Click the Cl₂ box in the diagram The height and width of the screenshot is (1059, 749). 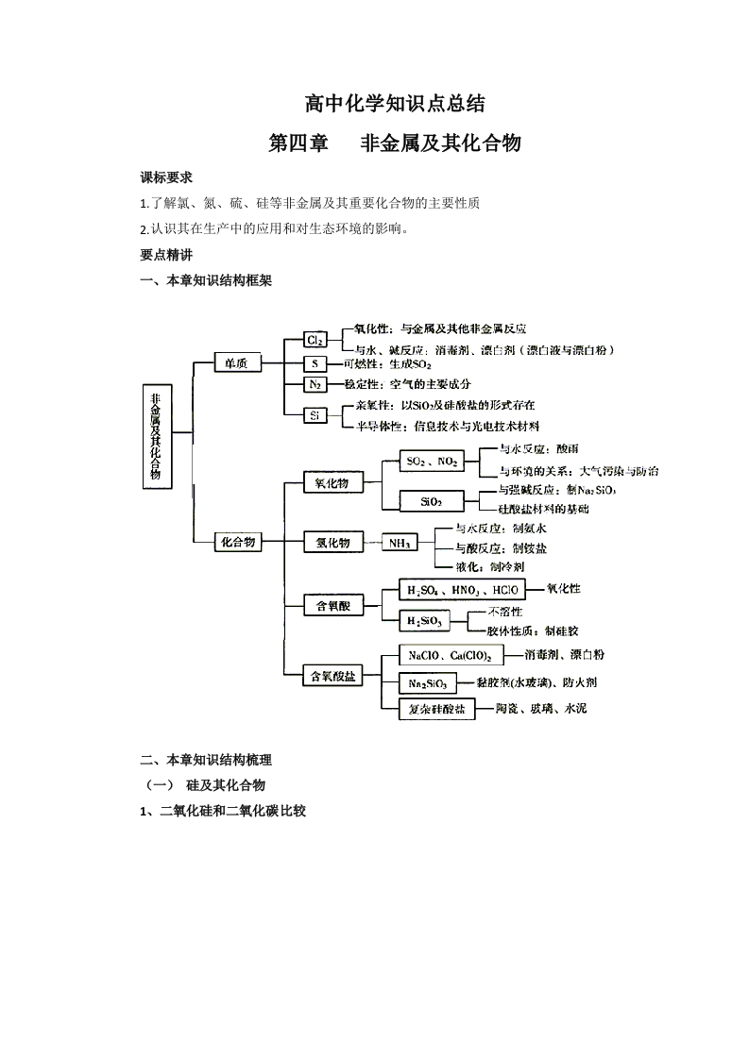[315, 340]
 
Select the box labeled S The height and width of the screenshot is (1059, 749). [315, 363]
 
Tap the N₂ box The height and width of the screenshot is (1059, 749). [315, 385]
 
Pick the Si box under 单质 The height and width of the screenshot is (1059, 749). [315, 415]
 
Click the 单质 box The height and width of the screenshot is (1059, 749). [237, 362]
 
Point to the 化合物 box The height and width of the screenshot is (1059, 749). [237, 542]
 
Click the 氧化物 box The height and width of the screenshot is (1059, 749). [332, 482]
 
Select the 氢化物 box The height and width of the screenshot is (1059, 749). [332, 543]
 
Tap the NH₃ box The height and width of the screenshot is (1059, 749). [399, 543]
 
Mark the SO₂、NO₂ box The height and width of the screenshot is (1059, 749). [432, 462]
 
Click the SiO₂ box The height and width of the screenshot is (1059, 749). [432, 502]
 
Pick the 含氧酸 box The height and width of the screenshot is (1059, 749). [332, 606]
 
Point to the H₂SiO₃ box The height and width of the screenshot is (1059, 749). [425, 621]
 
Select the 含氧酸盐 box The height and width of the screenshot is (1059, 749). [332, 676]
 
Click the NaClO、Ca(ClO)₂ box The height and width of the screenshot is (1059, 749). [450, 654]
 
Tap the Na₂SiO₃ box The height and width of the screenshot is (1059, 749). [428, 682]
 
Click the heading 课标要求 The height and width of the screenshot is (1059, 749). [166, 177]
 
